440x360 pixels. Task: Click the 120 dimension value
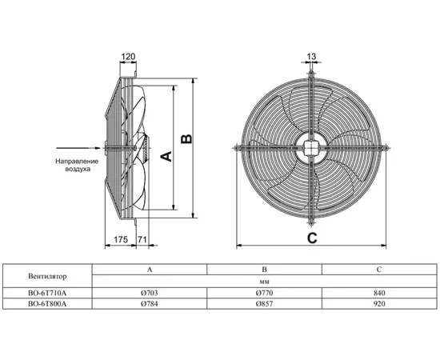point(128,57)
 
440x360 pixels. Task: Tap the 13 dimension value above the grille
point(311,56)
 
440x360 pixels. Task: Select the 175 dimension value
point(121,240)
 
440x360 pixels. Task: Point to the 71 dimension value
point(142,240)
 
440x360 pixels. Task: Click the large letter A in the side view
point(166,156)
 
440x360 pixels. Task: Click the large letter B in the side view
point(186,139)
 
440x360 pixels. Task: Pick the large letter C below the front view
point(312,238)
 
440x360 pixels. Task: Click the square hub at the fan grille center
point(311,148)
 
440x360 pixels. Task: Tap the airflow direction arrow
point(78,148)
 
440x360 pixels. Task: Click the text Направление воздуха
point(77,166)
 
